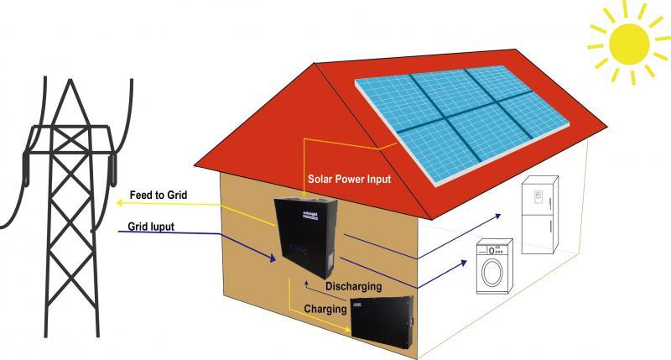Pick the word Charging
(x=325, y=309)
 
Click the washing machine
(x=495, y=267)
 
